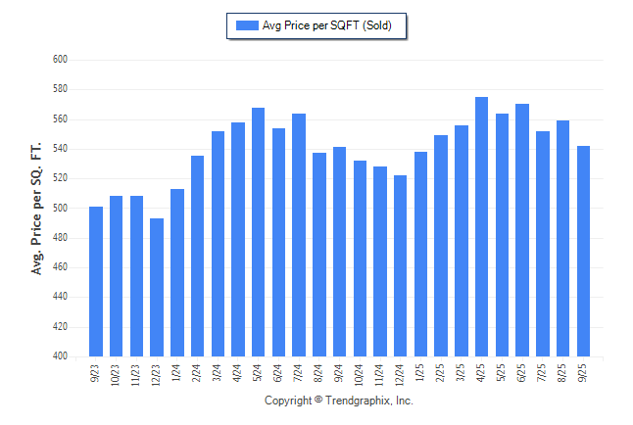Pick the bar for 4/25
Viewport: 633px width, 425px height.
(x=481, y=227)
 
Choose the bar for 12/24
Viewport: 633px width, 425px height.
(x=400, y=266)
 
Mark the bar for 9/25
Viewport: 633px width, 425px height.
(x=583, y=252)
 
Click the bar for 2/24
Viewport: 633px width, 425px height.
(x=197, y=257)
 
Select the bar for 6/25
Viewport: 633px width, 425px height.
(x=522, y=230)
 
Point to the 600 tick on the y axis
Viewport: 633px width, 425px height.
(x=59, y=60)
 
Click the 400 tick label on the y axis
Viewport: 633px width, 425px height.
(x=59, y=356)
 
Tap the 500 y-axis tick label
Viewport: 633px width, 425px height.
(x=59, y=209)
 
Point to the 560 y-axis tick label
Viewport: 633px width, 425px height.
(x=59, y=119)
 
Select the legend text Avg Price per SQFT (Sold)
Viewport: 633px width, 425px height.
(x=327, y=25)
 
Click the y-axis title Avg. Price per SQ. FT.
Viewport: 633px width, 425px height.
(x=37, y=208)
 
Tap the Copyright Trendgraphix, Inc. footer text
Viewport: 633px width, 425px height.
(x=339, y=401)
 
